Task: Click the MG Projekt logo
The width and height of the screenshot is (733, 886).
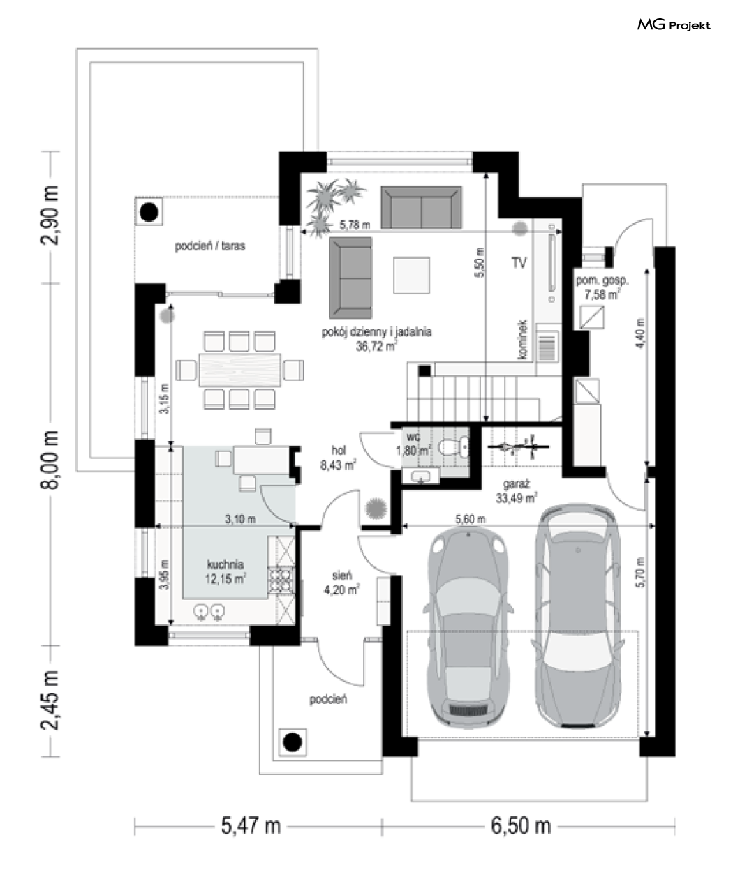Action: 674,25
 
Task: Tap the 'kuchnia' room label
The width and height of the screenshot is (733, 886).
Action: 225,564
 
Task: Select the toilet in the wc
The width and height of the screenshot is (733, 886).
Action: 454,447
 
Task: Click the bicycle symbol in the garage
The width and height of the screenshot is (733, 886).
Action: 518,446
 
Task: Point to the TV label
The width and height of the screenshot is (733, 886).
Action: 519,263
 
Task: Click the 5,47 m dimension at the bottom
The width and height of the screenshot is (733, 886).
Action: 251,826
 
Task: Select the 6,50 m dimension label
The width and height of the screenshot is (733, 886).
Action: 521,826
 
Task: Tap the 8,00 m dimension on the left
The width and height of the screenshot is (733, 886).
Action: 50,460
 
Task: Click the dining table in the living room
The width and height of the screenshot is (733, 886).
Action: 239,370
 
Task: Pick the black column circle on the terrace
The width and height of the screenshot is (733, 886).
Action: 149,212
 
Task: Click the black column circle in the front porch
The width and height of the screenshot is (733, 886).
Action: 293,742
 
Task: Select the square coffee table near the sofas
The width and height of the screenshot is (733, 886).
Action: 411,276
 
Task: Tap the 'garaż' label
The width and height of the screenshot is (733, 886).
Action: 516,484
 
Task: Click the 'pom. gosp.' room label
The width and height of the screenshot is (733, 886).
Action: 602,280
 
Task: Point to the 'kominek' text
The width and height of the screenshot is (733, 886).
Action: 523,340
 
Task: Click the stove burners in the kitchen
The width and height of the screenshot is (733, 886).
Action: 281,580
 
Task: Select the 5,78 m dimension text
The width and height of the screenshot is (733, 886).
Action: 355,225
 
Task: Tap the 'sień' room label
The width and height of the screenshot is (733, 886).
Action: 342,576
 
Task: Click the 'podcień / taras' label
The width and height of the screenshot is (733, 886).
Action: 210,246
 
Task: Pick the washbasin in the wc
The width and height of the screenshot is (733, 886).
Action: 421,476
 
